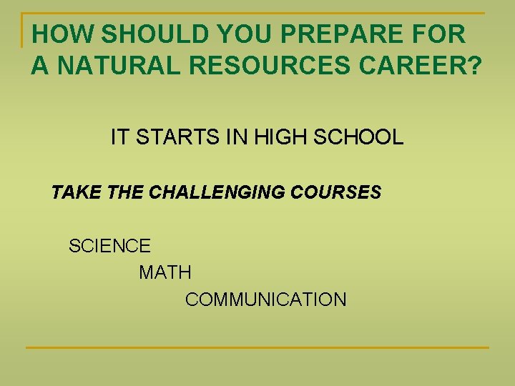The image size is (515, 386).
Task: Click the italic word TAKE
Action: pos(71,192)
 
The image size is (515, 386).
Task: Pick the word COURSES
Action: pos(334,192)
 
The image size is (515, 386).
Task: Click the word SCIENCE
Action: pos(109,247)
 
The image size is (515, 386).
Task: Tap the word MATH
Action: pos(165,272)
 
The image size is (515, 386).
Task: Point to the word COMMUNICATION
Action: pos(265,300)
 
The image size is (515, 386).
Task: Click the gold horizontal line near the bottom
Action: pos(257,348)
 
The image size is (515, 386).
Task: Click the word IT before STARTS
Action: pos(118,137)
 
